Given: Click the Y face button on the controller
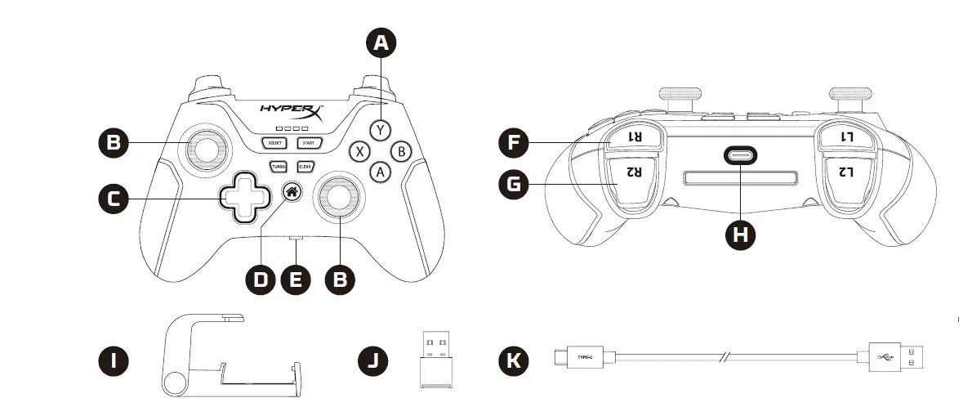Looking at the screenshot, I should coord(379,129).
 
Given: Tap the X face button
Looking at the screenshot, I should coord(359,151).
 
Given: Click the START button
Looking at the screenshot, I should coord(309,143).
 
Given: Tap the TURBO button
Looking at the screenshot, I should coord(279,166).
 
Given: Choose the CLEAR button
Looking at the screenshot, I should coord(305,166).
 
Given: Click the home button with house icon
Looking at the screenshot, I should coord(292,192).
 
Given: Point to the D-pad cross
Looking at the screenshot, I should coord(242,196).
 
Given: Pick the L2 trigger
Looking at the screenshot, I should coord(846,172).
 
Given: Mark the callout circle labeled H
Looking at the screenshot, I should coord(741,235).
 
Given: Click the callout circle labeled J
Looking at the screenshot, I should coord(373,360).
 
